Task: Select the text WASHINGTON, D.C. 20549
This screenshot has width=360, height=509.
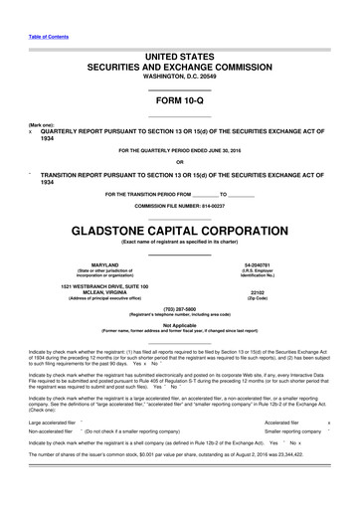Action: click(179, 76)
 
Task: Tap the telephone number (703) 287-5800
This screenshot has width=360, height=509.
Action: click(179, 308)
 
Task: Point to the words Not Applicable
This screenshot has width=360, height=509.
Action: click(179, 324)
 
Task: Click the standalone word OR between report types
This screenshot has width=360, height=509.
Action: click(179, 162)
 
